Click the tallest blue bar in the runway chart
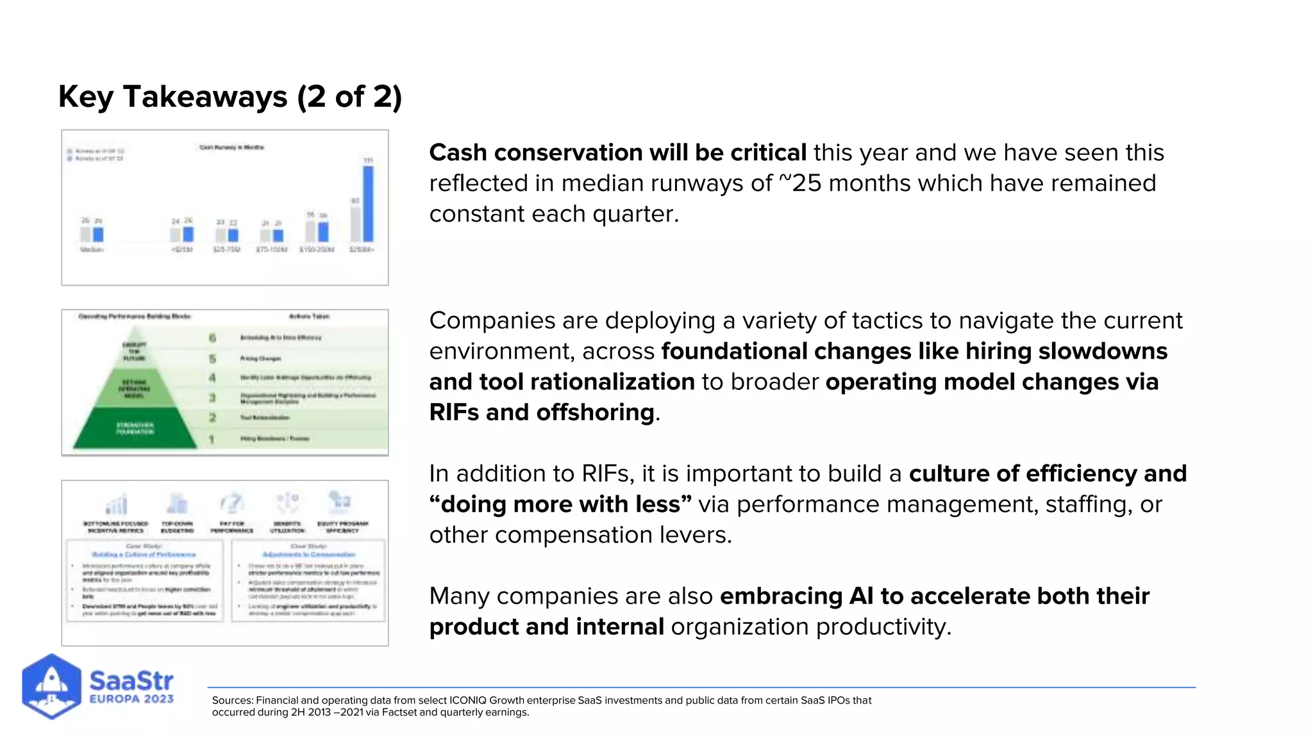click(x=368, y=204)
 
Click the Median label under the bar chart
click(x=92, y=249)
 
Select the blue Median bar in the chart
click(x=98, y=234)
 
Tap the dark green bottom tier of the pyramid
click(x=135, y=429)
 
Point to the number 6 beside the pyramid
click(x=212, y=338)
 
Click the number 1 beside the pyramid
click(x=212, y=439)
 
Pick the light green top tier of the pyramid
click(x=135, y=349)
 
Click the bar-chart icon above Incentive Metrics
click(x=116, y=504)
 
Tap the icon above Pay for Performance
click(x=231, y=503)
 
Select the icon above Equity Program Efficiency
click(x=339, y=502)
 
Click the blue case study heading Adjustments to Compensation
click(x=309, y=555)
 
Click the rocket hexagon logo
click(x=51, y=686)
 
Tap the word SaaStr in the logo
click(x=131, y=680)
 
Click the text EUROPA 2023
click(x=131, y=699)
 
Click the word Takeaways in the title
click(x=205, y=97)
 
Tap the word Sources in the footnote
click(x=232, y=700)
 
